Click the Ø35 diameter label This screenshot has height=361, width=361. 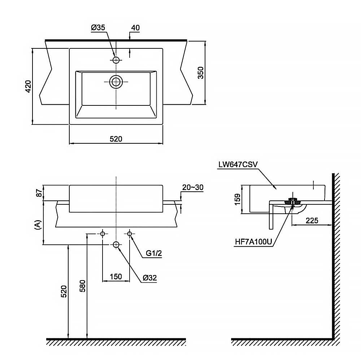(x=98, y=28)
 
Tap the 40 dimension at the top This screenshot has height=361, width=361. (x=135, y=28)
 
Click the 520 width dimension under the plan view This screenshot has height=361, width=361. (x=116, y=139)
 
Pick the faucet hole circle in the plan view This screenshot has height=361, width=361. (x=116, y=60)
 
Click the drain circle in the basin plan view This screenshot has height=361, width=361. (x=116, y=82)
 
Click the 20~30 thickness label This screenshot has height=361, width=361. (x=193, y=187)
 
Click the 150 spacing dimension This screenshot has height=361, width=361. (x=116, y=277)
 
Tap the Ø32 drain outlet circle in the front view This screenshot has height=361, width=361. (x=116, y=245)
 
